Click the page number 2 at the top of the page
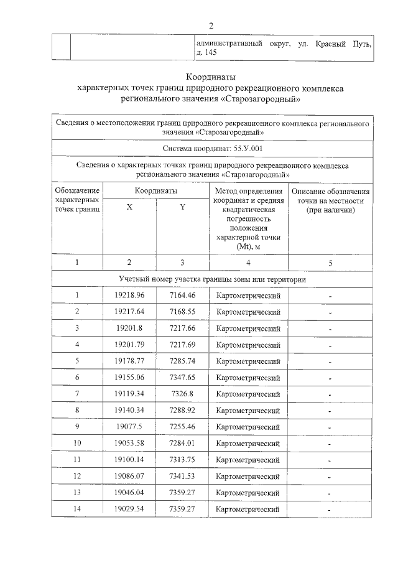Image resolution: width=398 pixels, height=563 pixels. pos(211,26)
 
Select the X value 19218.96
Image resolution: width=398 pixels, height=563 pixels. pos(129,295)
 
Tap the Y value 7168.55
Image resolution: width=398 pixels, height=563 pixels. pos(182,312)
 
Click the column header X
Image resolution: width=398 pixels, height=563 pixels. pos(129,208)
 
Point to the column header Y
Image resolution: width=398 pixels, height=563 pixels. pos(182,208)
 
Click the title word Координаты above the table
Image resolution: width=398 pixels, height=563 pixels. pos(211,77)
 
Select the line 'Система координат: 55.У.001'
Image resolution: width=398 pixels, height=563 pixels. pos(211,149)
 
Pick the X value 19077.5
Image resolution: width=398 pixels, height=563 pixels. pos(129,427)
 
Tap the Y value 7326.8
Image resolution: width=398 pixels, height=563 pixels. pos(182,394)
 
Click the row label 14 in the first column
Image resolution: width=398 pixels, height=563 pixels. pos(77,509)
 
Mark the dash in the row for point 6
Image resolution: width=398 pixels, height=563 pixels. pos(330,378)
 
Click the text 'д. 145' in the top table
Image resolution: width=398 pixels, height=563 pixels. pos(206,54)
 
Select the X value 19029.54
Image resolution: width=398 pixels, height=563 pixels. pos(129,509)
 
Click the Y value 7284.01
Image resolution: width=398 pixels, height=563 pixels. pos(182,444)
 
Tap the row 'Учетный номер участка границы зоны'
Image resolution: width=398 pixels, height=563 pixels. pos(211,279)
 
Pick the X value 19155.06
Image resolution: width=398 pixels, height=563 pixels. pos(129,378)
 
